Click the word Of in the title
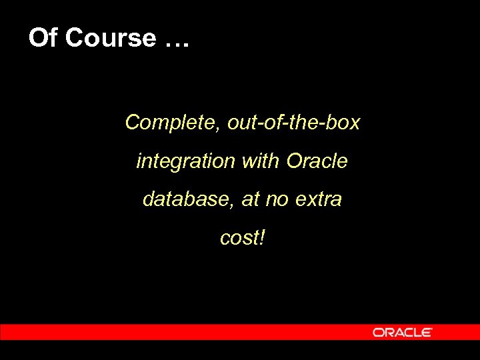(x=42, y=38)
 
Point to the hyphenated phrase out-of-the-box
(x=293, y=123)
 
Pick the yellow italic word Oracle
(x=317, y=161)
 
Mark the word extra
(x=318, y=199)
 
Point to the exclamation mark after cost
(x=261, y=237)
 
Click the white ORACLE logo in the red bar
(x=403, y=332)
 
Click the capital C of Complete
(x=132, y=123)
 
